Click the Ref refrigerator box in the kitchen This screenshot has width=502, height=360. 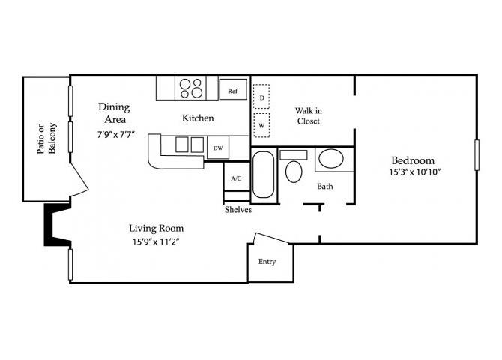(x=234, y=91)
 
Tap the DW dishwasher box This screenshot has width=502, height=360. (x=217, y=148)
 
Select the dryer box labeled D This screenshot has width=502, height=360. (x=262, y=98)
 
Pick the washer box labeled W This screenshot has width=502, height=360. (x=262, y=125)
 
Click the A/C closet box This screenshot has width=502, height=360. (x=236, y=178)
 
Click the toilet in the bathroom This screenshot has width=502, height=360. (x=293, y=169)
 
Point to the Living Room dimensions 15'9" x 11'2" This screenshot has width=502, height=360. (x=156, y=241)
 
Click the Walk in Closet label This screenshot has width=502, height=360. (x=308, y=115)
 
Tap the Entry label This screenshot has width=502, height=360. (x=267, y=262)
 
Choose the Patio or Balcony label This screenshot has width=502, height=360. (x=46, y=138)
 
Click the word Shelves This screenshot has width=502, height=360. (x=238, y=210)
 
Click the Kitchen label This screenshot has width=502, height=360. (x=199, y=118)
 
